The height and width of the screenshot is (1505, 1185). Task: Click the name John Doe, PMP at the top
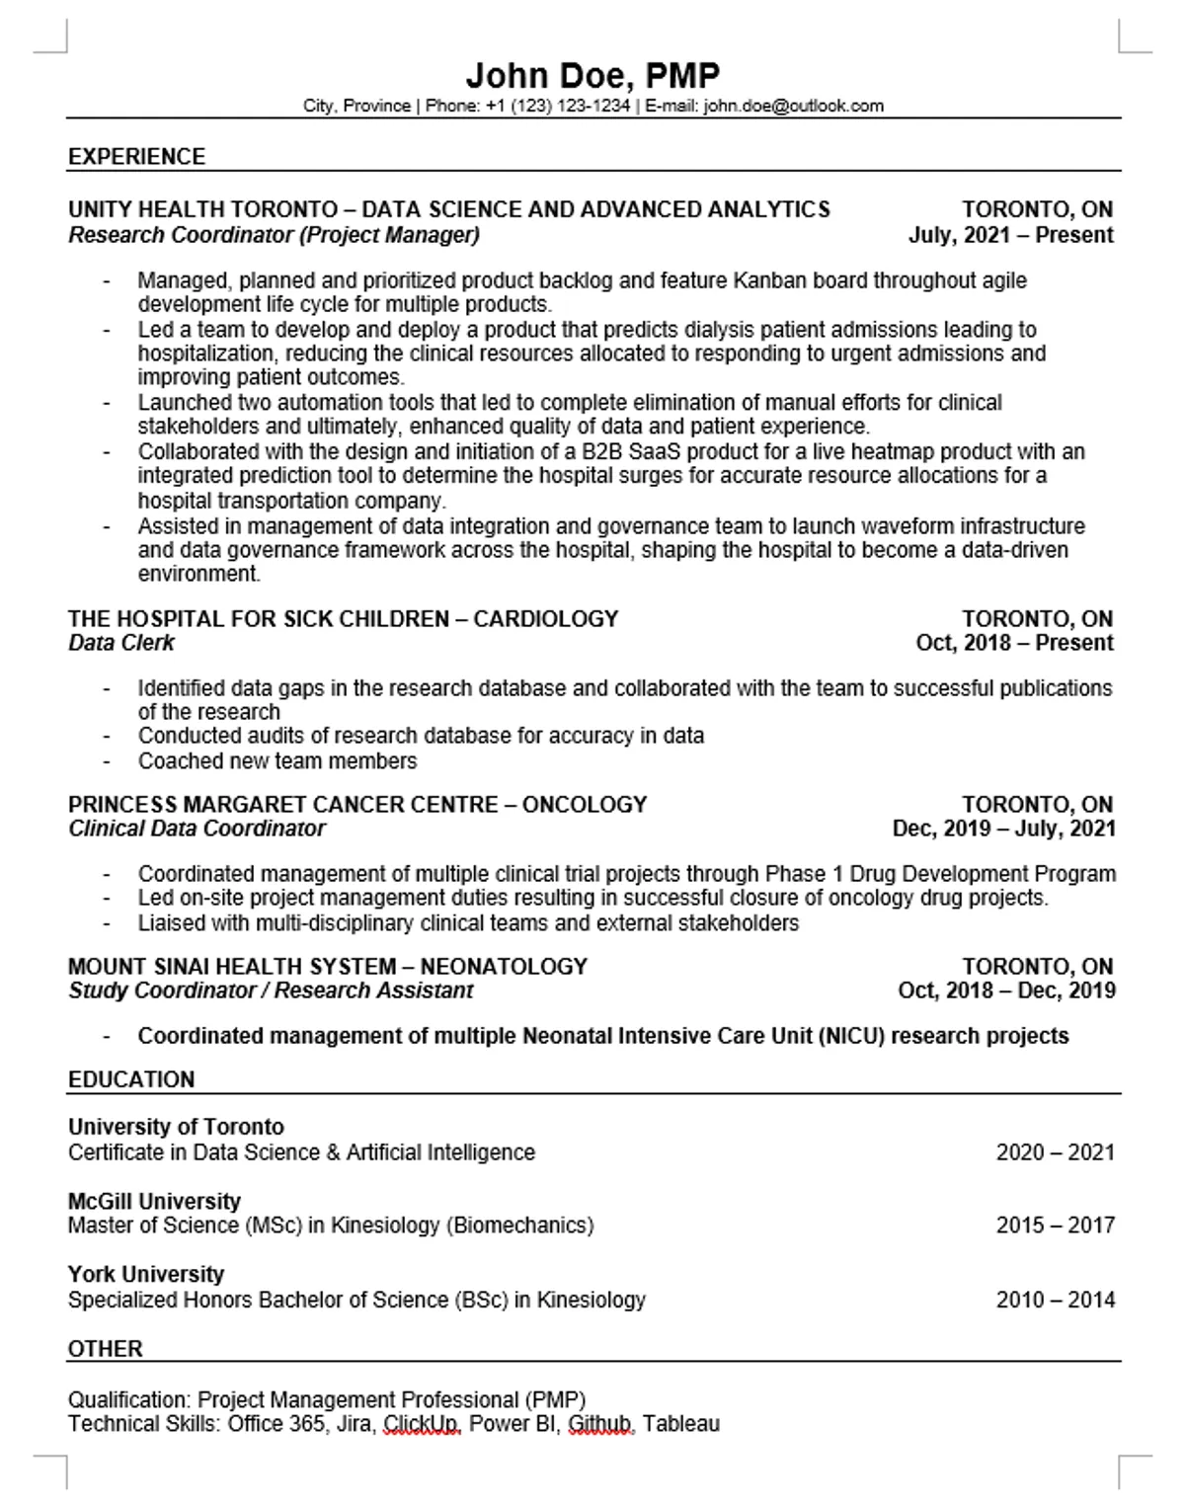592,75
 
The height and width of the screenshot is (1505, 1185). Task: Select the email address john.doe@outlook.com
793,106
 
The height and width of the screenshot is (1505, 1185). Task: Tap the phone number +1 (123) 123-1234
558,106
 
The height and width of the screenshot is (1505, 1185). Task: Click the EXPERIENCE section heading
136,157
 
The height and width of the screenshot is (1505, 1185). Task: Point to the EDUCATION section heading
131,1079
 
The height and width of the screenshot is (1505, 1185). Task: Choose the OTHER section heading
106,1348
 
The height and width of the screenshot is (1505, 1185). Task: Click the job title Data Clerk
121,643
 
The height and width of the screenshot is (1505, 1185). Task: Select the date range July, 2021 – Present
1010,235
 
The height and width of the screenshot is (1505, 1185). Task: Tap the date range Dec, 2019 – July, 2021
1003,829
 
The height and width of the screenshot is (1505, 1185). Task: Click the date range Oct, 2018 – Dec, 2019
1006,990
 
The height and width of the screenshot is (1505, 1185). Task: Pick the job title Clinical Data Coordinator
197,829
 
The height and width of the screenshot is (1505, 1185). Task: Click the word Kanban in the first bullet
768,280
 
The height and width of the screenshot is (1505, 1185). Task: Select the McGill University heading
154,1201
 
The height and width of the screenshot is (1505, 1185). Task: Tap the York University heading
146,1274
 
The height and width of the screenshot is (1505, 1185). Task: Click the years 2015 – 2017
1055,1226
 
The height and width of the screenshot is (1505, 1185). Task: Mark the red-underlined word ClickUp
421,1424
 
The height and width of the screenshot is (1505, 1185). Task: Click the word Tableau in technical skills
681,1424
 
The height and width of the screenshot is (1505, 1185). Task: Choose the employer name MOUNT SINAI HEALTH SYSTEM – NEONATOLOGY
328,966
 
